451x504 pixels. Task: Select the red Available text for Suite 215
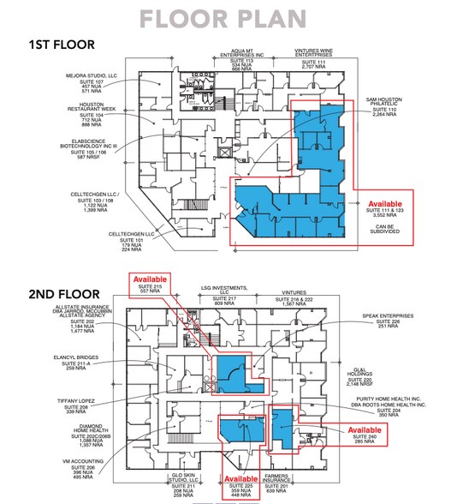(x=150, y=279)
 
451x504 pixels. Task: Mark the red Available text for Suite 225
(x=240, y=478)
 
